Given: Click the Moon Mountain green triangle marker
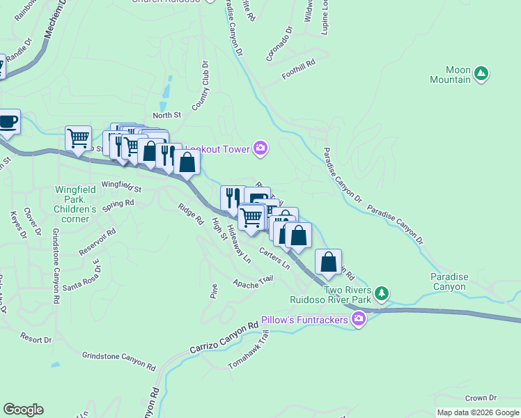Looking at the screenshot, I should [x=481, y=72].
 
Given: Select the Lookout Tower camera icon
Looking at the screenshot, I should [x=260, y=147].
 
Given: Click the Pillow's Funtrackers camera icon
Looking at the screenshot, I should [x=359, y=320].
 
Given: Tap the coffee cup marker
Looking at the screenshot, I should [x=8, y=121].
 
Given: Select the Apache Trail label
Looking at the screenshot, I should [x=253, y=282].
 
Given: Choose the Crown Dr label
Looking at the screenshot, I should [x=481, y=398].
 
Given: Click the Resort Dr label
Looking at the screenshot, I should [x=36, y=339].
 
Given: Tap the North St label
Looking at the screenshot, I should [x=166, y=115].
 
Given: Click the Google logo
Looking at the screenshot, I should [x=23, y=410].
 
